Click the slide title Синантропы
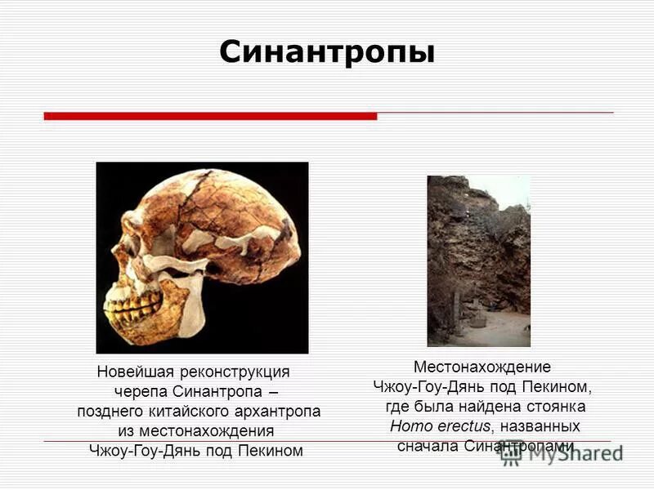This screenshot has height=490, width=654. pyautogui.click(x=327, y=52)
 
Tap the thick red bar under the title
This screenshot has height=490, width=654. pyautogui.click(x=210, y=116)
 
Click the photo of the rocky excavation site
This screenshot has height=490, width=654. pyautogui.click(x=478, y=261)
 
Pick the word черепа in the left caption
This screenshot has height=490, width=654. pyautogui.click(x=141, y=391)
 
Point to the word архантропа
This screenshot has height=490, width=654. pyautogui.click(x=279, y=411)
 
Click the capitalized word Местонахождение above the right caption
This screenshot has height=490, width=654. pyautogui.click(x=482, y=367)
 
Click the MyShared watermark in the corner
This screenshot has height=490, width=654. pyautogui.click(x=564, y=454)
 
